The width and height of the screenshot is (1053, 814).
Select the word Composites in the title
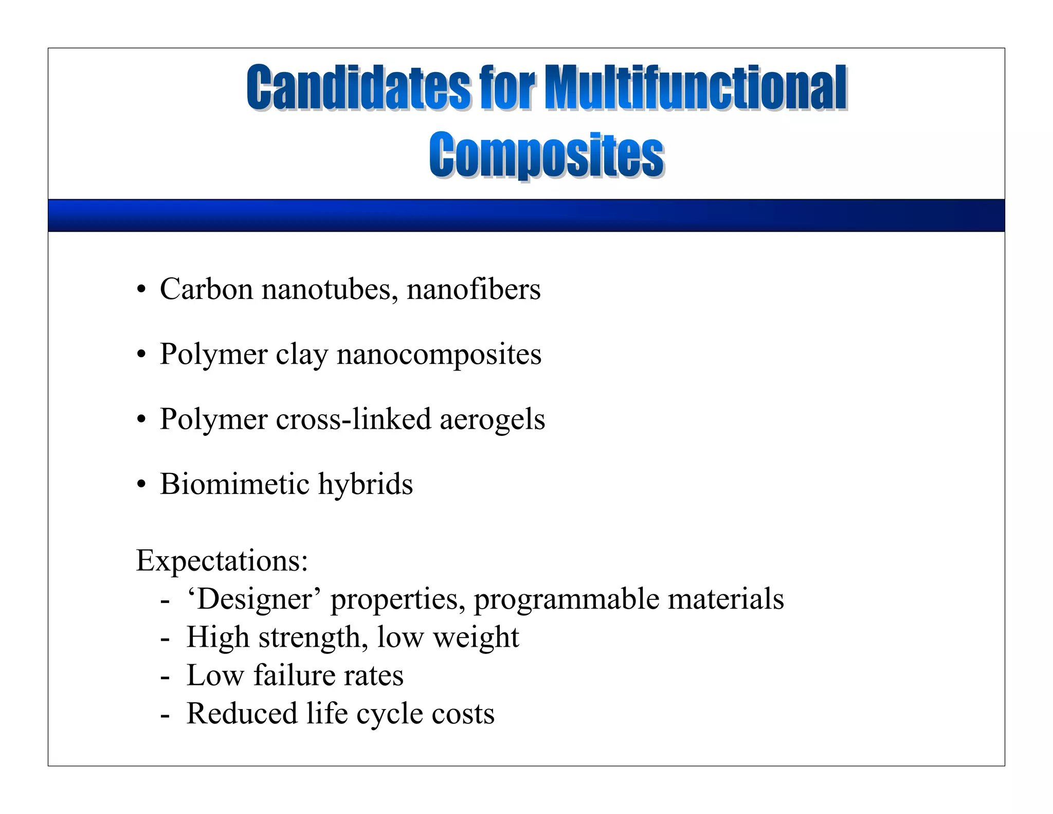547,154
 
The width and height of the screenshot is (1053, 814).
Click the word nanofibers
474,289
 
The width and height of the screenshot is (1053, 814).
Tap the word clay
301,355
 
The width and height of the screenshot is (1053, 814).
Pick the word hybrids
365,484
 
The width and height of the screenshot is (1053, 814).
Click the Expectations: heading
222,560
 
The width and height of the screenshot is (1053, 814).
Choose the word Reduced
242,714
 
